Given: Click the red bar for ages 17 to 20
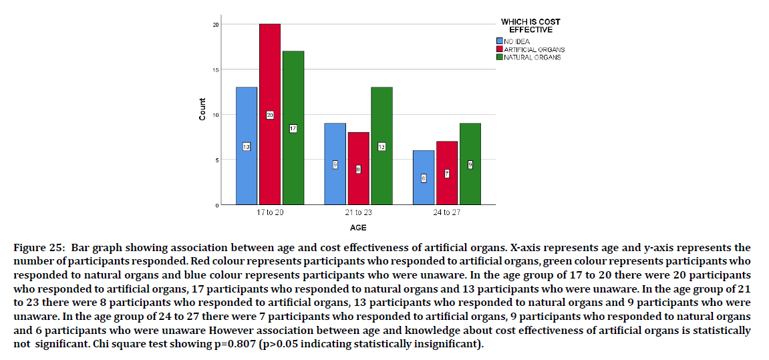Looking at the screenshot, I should [270, 80].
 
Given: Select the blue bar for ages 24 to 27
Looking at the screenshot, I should [424, 194].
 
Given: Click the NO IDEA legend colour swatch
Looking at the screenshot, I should [498, 41].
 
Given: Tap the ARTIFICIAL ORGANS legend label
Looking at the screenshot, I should [534, 49].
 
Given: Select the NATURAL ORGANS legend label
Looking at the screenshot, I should [532, 57].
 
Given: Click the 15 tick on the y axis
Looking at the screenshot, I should [216, 69].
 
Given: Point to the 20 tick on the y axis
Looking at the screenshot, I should [216, 25].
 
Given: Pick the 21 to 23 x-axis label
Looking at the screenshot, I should [358, 213].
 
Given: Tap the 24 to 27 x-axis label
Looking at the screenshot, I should [446, 213].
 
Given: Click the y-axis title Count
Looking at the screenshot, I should [202, 110].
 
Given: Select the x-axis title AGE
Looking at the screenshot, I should [358, 226].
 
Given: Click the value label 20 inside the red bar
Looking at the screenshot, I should [270, 115].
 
